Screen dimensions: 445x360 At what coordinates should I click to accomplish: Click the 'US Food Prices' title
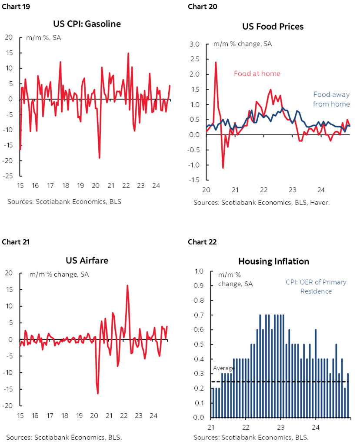pyautogui.click(x=273, y=27)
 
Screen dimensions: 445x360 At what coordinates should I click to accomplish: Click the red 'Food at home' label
pyautogui.click(x=257, y=74)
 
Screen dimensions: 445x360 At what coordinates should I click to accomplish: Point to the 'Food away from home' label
pyautogui.click(x=331, y=99)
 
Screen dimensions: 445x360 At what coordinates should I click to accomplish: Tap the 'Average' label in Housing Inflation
pyautogui.click(x=223, y=368)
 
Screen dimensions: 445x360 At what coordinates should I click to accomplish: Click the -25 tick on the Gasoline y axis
pyautogui.click(x=9, y=176)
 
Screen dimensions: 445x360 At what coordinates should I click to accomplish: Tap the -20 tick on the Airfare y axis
pyautogui.click(x=9, y=405)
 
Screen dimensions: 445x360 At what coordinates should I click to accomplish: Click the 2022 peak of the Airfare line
pyautogui.click(x=127, y=285)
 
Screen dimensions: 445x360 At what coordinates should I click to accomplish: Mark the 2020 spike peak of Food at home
pyautogui.click(x=216, y=62)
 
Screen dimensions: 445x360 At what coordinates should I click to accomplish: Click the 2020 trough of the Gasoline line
pyautogui.click(x=100, y=158)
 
